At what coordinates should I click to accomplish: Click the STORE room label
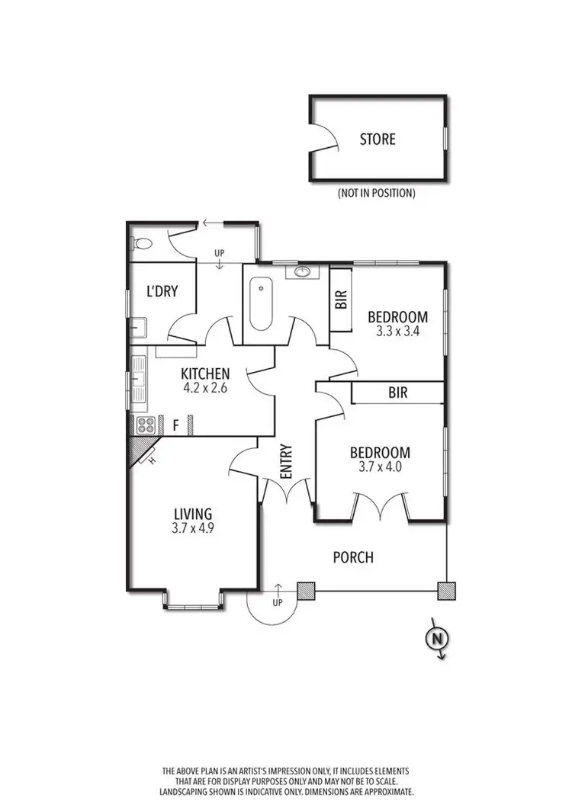(378, 139)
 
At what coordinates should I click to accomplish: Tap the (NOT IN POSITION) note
(376, 194)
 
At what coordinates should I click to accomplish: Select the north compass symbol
(437, 639)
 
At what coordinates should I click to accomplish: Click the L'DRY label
(162, 290)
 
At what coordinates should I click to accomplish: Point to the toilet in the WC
(140, 244)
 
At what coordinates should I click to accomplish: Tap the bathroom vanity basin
(302, 271)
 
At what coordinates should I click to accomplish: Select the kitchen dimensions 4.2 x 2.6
(204, 387)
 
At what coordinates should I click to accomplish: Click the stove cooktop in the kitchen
(145, 425)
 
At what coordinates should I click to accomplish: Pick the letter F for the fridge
(175, 425)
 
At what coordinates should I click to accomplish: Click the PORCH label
(353, 557)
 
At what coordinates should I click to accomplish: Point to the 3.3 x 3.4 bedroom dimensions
(397, 332)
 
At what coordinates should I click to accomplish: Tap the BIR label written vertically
(341, 299)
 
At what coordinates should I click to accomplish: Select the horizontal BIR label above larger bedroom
(397, 393)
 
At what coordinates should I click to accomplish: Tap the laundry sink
(138, 329)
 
